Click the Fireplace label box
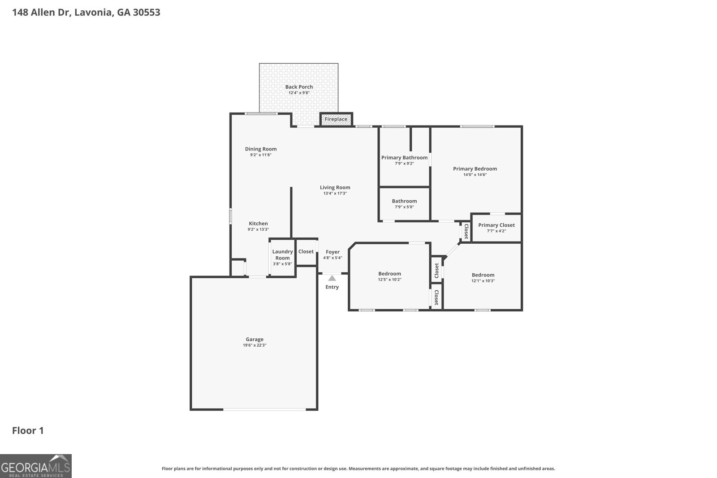click(336, 119)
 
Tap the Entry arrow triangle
click(332, 278)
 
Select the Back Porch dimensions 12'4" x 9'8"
click(299, 93)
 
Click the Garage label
click(255, 339)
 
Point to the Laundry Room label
click(282, 254)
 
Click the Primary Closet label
click(496, 225)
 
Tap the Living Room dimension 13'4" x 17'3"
click(335, 194)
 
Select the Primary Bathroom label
click(404, 157)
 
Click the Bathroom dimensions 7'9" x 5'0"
click(404, 207)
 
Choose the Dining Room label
click(261, 149)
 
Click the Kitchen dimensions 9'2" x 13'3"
click(258, 229)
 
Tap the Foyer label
click(333, 252)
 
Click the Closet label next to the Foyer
click(306, 251)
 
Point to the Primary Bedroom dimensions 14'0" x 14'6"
click(475, 175)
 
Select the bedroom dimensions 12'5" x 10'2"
click(389, 280)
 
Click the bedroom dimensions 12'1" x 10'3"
click(483, 281)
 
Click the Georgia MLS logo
click(36, 466)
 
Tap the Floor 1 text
click(28, 431)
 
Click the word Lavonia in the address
click(93, 12)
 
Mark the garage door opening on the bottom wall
click(265, 409)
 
